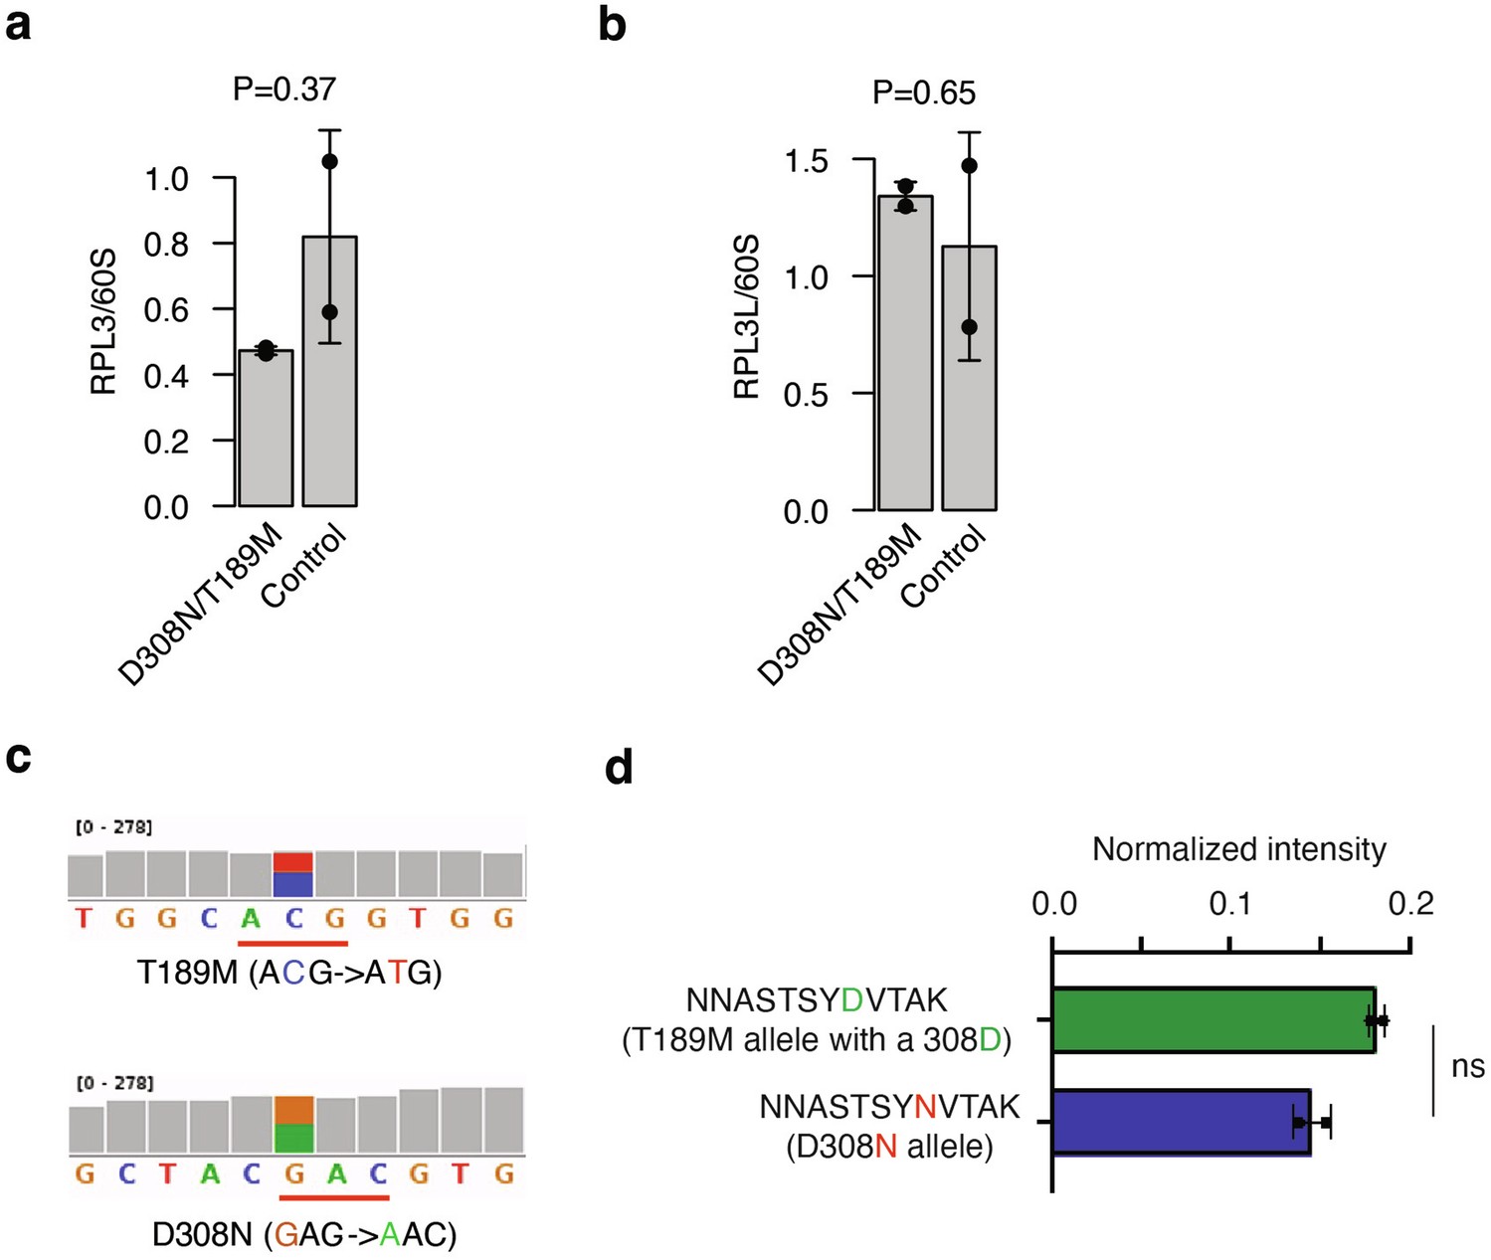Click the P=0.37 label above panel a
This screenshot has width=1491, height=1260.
point(284,90)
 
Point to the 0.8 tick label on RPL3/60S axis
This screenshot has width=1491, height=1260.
point(166,244)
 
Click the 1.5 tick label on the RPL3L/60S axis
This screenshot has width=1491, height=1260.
point(806,160)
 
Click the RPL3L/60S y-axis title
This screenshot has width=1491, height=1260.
point(746,317)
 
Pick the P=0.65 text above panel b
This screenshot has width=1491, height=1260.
point(924,93)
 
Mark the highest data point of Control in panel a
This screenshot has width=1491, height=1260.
point(330,161)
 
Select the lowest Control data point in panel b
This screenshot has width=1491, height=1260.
point(970,327)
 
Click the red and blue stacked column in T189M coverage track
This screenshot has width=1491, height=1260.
point(293,873)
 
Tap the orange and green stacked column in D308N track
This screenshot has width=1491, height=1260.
point(294,1124)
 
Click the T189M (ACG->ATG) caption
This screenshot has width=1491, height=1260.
point(289,972)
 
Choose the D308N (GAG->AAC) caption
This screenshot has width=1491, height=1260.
point(304,1234)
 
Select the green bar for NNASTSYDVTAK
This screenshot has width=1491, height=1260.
point(1213,1020)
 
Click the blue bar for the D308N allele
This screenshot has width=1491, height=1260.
point(1182,1123)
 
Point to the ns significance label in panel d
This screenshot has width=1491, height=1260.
point(1467,1067)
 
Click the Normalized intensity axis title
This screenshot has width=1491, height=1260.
point(1238,849)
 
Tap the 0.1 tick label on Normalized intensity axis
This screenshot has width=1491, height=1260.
point(1231,904)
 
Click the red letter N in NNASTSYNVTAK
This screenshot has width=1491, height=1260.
point(925,1107)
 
